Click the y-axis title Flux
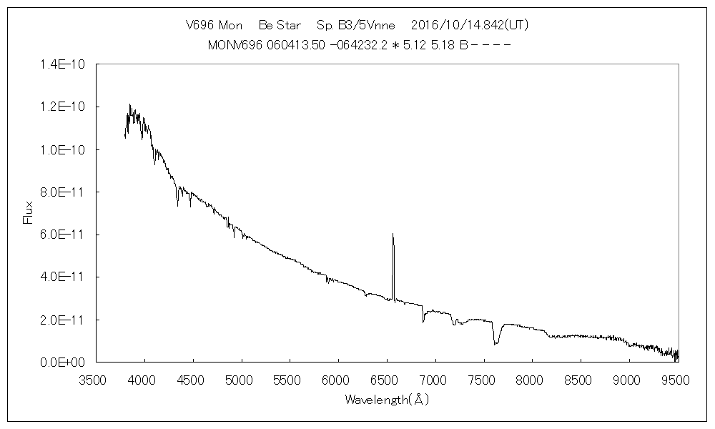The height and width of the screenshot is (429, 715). pos(29,212)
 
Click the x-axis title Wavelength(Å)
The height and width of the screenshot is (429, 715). pos(387,400)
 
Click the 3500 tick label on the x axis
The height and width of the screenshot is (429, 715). pos(96,380)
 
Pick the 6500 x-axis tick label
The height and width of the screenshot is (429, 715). pos(387,380)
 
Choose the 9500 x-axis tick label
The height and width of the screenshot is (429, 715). pos(677,380)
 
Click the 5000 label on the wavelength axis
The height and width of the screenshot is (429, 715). pos(241,380)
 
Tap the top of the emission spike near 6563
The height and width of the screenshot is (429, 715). pos(393,234)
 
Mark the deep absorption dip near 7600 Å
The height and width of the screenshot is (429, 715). pos(495,344)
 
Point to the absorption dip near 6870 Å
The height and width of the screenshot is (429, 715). pos(423,322)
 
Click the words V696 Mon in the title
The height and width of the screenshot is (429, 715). pos(214,25)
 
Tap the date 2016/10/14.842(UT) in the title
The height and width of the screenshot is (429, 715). pos(470,25)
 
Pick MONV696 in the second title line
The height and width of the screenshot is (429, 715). pos(231,45)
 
